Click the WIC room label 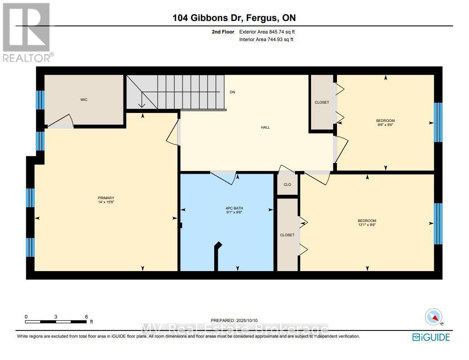coord(84,100)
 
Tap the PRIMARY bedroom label coord(106,198)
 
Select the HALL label coord(266,127)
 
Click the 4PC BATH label coord(234,208)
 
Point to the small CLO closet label coord(287,184)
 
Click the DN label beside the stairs coord(232,92)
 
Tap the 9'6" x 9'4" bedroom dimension coord(385,125)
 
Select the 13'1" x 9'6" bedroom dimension coord(367,225)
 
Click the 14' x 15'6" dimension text coord(106,202)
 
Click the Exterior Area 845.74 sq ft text coord(267,32)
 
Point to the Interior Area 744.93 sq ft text coord(266,39)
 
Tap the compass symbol coord(434,317)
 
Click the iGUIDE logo coord(431,337)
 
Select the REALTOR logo coord(28,32)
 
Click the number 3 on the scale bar coord(56,317)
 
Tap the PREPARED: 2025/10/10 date coord(234,320)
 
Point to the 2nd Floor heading coord(223,32)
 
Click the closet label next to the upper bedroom coord(322,102)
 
